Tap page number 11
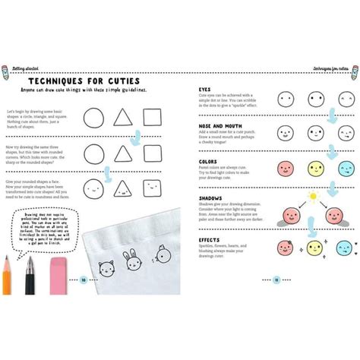pos(277,280)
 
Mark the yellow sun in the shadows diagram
pos(311,197)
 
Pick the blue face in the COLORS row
pos(339,168)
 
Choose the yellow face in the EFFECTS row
pos(312,247)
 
